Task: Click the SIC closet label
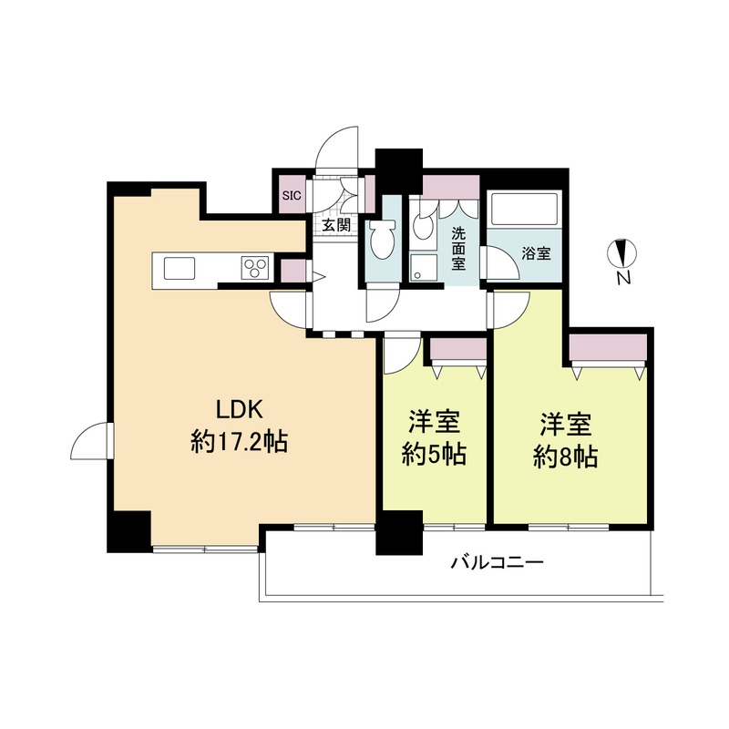292,195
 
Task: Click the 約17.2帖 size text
239,441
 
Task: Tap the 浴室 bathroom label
536,254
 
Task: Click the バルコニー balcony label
498,563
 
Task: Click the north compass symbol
622,254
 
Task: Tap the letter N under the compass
623,278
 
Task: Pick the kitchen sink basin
179,268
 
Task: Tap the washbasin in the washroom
423,226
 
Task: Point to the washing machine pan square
424,267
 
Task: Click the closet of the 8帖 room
608,346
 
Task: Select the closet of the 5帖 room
458,349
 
